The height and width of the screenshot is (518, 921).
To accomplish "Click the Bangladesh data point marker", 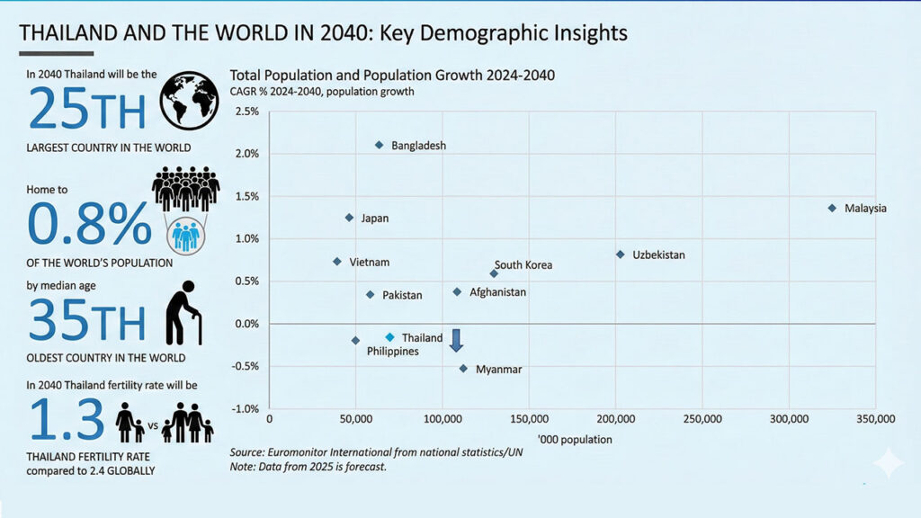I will tap(379, 145).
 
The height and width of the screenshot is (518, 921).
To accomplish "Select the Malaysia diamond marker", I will tap(832, 208).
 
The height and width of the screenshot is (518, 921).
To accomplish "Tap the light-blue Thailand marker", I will tap(389, 337).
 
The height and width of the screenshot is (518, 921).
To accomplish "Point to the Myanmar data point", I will tap(463, 368).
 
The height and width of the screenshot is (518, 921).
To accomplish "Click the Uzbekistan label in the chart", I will tap(658, 255).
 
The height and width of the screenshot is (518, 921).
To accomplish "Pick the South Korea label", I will tap(523, 265).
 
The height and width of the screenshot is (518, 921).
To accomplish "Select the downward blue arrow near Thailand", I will tap(456, 340).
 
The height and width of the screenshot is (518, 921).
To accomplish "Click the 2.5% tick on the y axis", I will tap(246, 112).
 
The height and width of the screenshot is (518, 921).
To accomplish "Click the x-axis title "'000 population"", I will tap(575, 440).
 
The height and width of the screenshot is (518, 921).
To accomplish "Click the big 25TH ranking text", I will tap(86, 109).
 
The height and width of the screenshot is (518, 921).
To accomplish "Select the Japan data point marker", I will tap(349, 218).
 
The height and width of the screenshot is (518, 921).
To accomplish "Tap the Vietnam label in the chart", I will tap(369, 262).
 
